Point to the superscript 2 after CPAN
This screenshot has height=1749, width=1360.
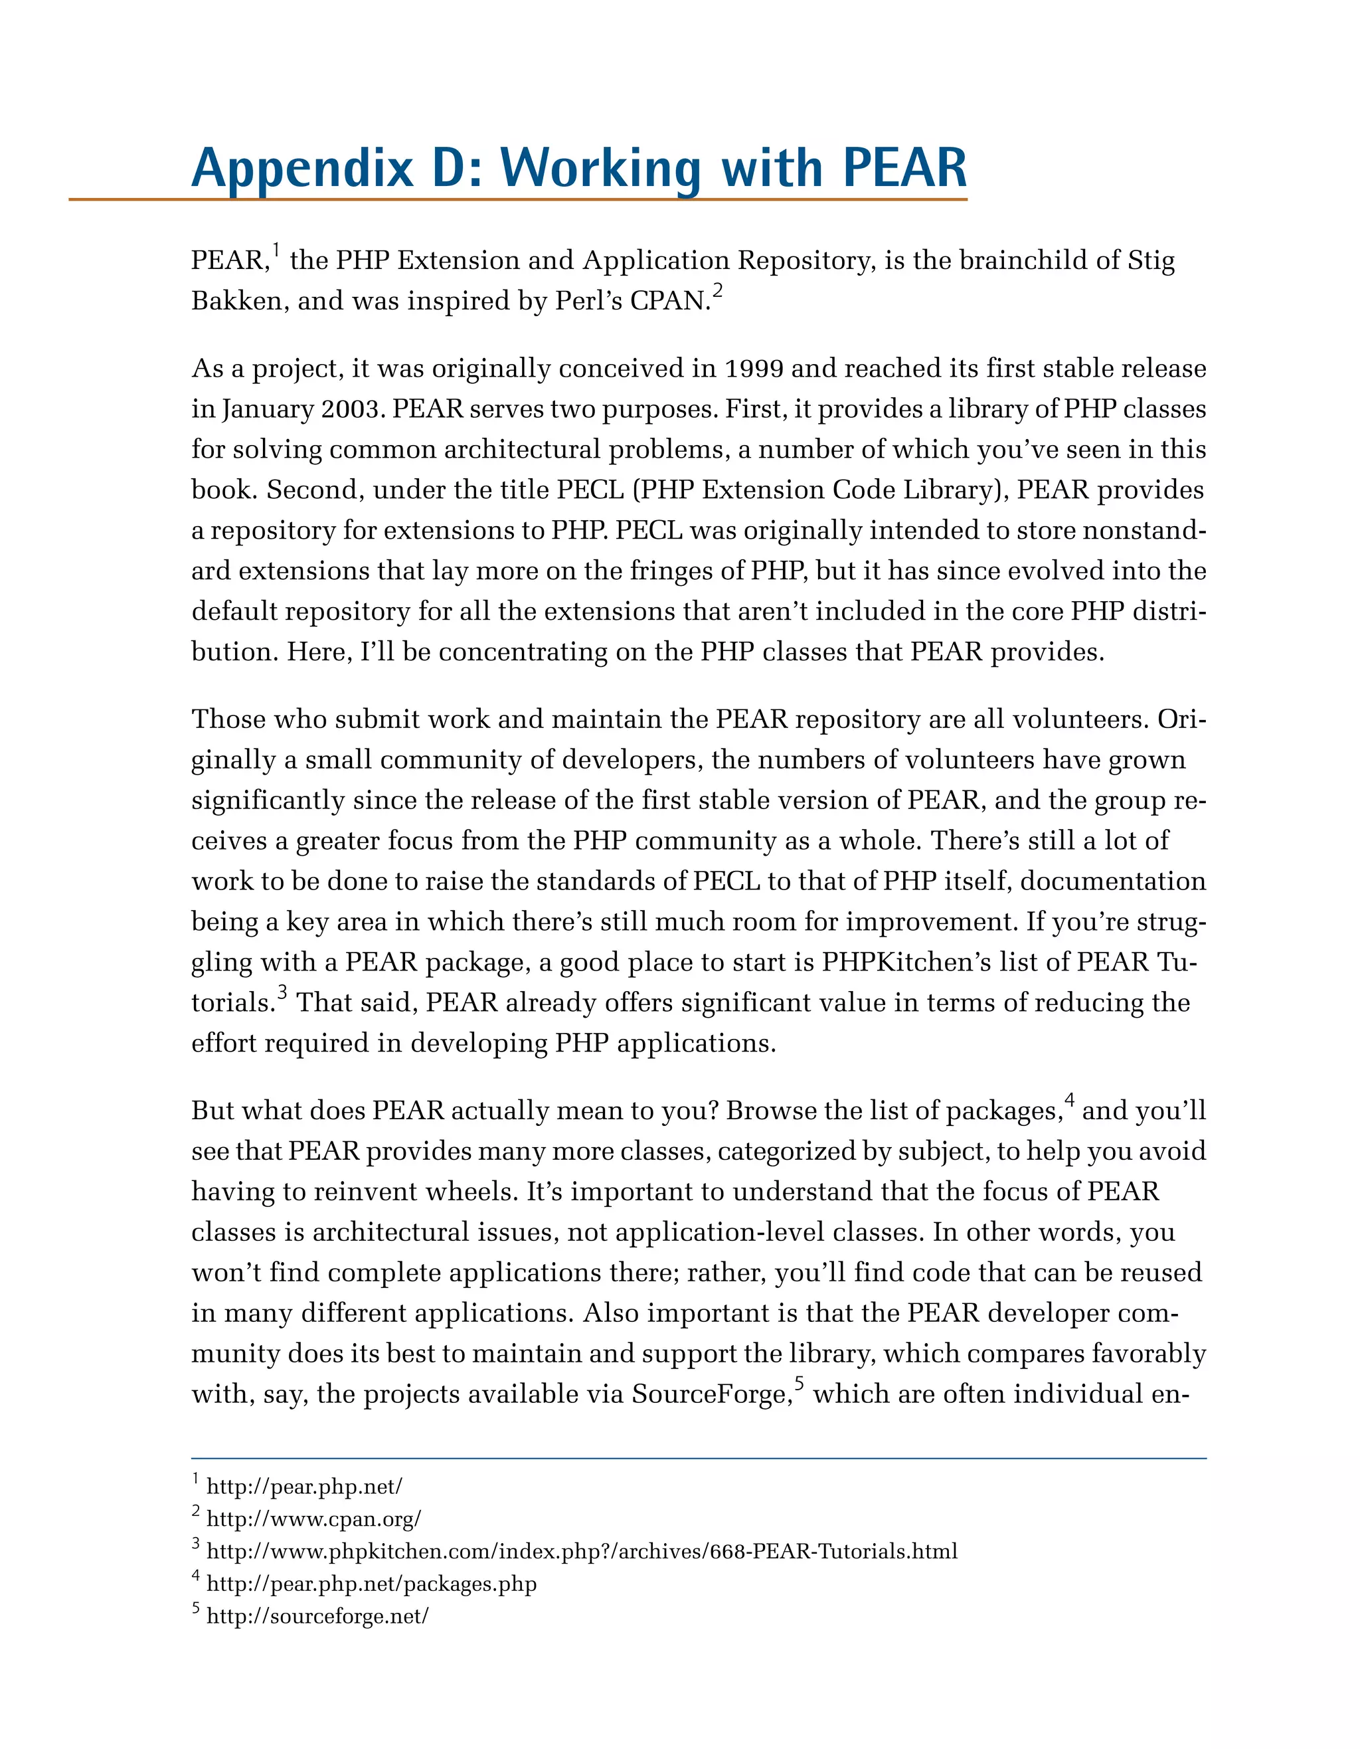718,292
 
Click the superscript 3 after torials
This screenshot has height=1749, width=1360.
282,993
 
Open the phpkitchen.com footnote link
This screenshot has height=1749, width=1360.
581,1551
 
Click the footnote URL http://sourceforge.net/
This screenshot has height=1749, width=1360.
317,1616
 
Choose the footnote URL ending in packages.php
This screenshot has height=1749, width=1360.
371,1583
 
